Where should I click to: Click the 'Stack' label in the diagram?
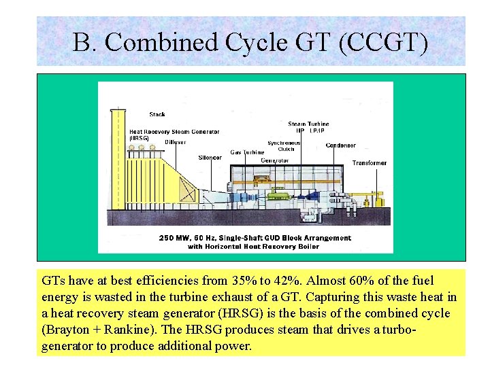pyautogui.click(x=157, y=114)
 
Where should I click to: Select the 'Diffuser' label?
pyautogui.click(x=175, y=142)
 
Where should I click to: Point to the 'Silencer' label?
pyautogui.click(x=210, y=158)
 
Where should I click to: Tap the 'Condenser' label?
pyautogui.click(x=340, y=145)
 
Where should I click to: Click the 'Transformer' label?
pyautogui.click(x=370, y=163)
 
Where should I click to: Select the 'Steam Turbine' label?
pyautogui.click(x=308, y=124)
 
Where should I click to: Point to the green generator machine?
pyautogui.click(x=278, y=195)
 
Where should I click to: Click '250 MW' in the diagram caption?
pyautogui.click(x=174, y=238)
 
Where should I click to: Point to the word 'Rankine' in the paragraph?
pyautogui.click(x=122, y=330)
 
